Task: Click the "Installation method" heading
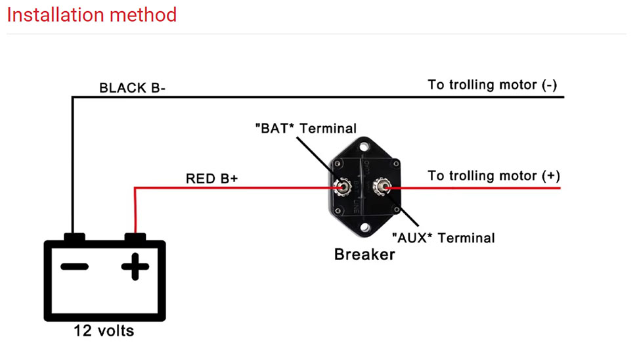[92, 15]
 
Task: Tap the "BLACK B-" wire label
[132, 88]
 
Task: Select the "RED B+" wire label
[211, 179]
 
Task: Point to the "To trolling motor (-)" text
[493, 85]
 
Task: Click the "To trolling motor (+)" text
[494, 176]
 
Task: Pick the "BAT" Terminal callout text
[306, 128]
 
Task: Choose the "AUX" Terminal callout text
[443, 238]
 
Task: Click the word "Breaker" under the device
[364, 254]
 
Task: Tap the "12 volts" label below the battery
[104, 330]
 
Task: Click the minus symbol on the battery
[74, 267]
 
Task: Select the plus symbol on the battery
[135, 267]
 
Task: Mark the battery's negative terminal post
[74, 237]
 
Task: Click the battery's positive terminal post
[135, 237]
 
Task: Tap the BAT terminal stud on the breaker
[342, 187]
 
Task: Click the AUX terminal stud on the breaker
[382, 187]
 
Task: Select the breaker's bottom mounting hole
[364, 227]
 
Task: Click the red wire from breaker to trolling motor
[473, 188]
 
